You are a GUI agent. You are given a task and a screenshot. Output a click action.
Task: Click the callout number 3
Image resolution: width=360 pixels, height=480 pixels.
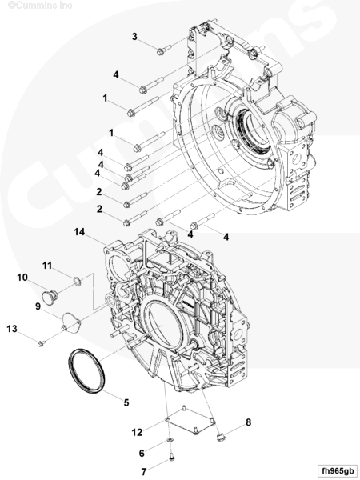click(x=134, y=37)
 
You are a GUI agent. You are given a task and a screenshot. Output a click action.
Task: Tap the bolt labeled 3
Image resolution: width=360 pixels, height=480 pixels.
click(x=164, y=50)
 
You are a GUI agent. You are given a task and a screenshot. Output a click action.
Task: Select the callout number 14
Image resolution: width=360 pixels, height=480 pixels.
click(x=79, y=232)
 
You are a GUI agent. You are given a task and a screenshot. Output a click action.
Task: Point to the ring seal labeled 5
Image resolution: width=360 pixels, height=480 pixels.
click(x=86, y=370)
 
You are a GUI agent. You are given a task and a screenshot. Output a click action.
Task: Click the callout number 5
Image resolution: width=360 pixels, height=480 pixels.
click(x=126, y=402)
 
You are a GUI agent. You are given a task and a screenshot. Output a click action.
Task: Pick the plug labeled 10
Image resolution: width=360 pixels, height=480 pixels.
click(x=50, y=297)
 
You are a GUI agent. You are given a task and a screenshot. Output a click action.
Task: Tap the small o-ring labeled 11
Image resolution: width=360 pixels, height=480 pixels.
click(x=77, y=281)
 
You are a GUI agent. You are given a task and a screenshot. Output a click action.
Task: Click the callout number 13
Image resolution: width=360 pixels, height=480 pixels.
click(x=12, y=329)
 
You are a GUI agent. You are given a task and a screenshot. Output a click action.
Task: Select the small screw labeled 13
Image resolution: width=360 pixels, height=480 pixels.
click(x=42, y=343)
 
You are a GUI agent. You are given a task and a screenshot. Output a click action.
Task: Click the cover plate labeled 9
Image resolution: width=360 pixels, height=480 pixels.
click(x=70, y=321)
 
